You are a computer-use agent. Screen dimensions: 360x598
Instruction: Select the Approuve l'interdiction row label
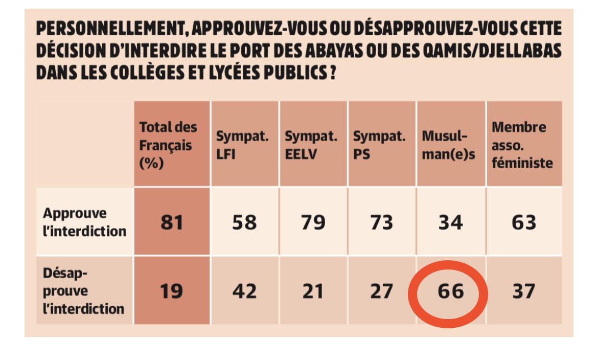[x=84, y=222]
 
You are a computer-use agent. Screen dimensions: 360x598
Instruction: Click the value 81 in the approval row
[x=171, y=222]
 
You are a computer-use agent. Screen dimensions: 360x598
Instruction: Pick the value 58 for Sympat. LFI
[x=244, y=222]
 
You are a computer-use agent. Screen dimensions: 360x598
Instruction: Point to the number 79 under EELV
[x=313, y=222]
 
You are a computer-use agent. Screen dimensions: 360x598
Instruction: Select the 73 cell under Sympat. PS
[x=381, y=222]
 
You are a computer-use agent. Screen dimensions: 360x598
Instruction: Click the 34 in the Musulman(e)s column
[x=450, y=222]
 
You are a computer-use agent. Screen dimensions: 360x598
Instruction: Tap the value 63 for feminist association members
[x=524, y=222]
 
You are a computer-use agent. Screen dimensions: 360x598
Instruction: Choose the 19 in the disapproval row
[x=171, y=291]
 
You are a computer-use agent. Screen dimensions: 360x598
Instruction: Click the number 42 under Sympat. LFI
[x=244, y=291]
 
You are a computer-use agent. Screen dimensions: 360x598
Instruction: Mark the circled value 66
[x=450, y=291]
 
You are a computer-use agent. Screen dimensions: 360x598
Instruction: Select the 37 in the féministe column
[x=524, y=291]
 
